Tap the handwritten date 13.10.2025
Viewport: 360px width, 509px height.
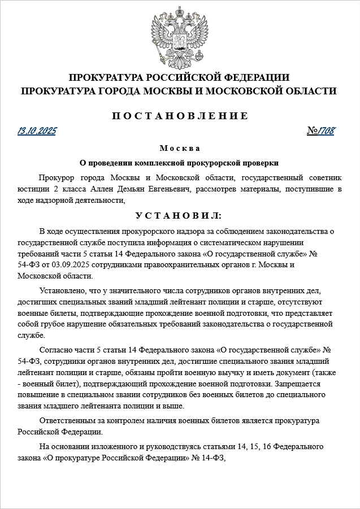pyautogui.click(x=37, y=132)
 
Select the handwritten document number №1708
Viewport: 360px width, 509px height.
pyautogui.click(x=321, y=132)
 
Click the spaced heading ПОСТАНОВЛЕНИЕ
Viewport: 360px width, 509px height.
pyautogui.click(x=180, y=116)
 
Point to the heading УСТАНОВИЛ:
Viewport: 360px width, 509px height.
pyautogui.click(x=179, y=216)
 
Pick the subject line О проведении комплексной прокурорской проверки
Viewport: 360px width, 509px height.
pyautogui.click(x=179, y=163)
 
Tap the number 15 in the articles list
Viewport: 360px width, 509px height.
pyautogui.click(x=258, y=447)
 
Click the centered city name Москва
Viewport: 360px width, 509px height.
pyautogui.click(x=179, y=148)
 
